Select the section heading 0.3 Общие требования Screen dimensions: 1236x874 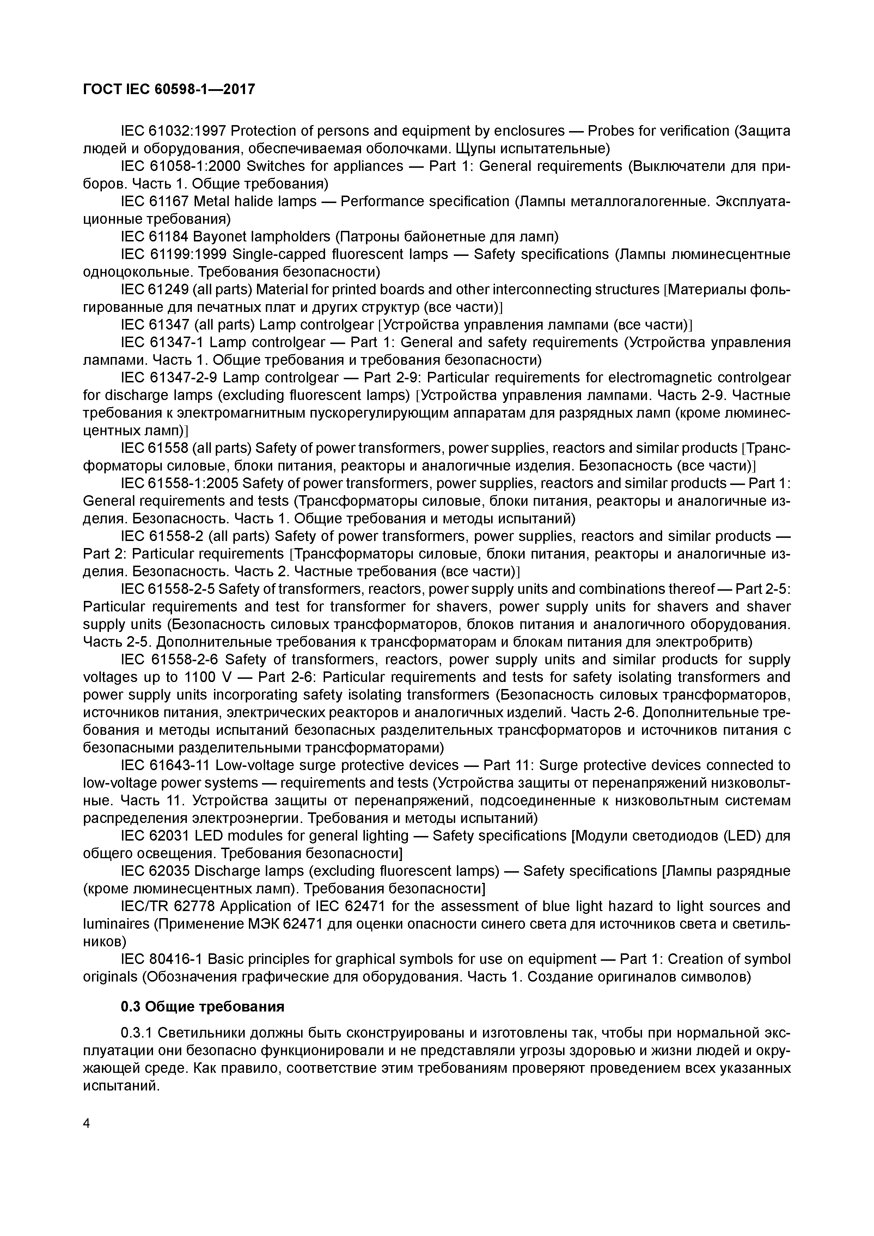[202, 1006]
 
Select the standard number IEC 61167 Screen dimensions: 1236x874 [154, 201]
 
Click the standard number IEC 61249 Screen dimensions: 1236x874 [154, 290]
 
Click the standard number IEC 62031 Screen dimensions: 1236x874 [154, 836]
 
